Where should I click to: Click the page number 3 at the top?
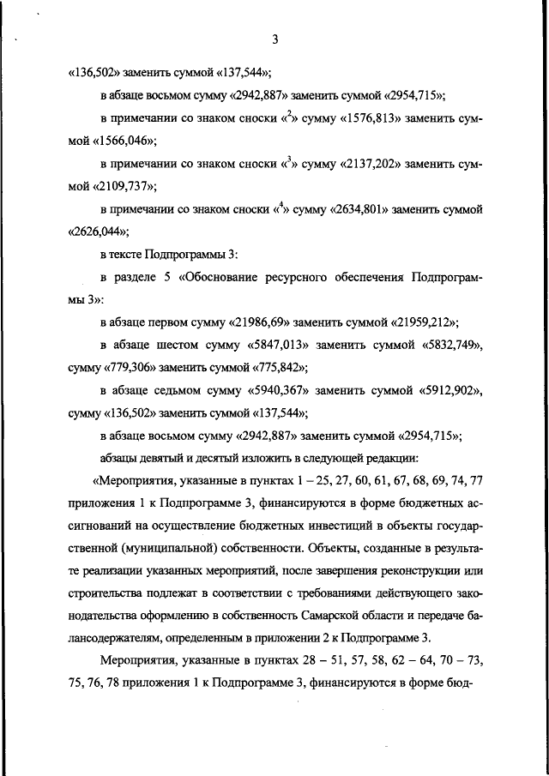[274, 39]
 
